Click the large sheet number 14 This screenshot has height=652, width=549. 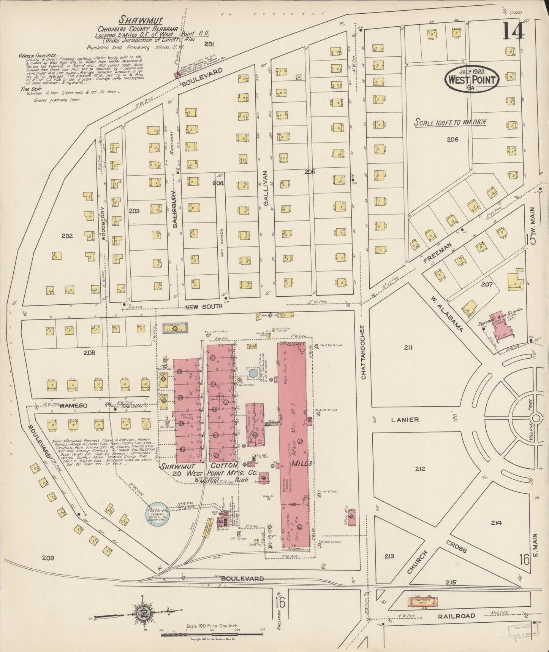click(514, 31)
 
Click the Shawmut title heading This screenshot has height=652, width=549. click(133, 20)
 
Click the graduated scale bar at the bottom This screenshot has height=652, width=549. click(212, 635)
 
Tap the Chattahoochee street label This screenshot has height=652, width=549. click(363, 352)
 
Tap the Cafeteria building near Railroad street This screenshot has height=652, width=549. click(422, 601)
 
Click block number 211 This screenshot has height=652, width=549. click(408, 347)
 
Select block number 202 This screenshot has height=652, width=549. click(67, 236)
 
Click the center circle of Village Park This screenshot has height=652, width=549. click(535, 418)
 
